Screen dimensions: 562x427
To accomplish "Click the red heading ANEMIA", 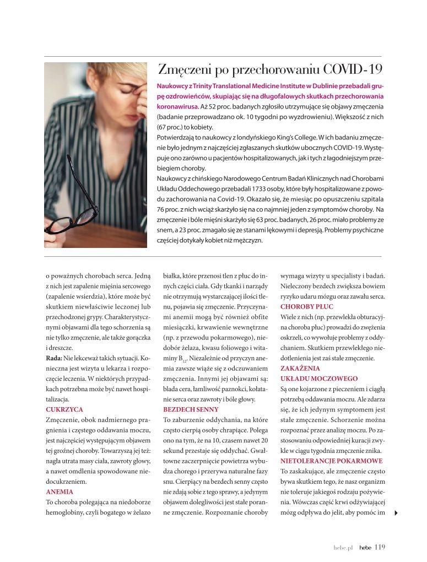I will tap(59, 491).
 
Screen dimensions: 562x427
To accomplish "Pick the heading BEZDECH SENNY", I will tap(191, 409).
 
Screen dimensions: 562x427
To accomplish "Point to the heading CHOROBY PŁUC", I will tap(307, 306).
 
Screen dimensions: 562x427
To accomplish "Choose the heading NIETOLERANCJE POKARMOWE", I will tap(331, 460).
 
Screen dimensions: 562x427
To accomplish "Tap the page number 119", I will tap(380, 547).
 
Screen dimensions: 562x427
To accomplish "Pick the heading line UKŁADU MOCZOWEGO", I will tap(319, 379).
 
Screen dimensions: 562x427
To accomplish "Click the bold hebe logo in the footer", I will tap(365, 548).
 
